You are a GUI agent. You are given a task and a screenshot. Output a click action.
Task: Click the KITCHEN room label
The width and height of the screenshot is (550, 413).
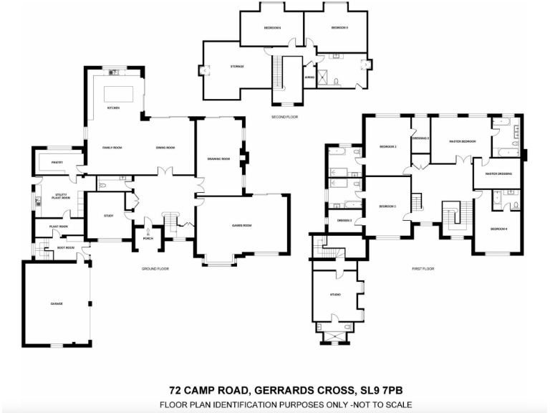[x=112, y=108]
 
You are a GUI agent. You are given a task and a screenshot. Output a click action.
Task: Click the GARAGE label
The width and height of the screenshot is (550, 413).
[x=56, y=304]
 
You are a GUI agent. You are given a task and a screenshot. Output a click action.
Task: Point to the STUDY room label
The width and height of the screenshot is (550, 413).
[x=108, y=215]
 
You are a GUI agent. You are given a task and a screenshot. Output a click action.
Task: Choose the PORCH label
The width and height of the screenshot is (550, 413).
[x=148, y=238]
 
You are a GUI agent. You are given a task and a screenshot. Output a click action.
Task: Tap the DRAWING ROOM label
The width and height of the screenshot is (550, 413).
[x=218, y=158]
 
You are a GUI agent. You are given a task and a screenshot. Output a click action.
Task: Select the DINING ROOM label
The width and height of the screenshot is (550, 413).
[x=165, y=148]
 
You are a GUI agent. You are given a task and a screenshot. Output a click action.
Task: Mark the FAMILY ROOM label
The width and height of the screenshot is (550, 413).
[x=112, y=148]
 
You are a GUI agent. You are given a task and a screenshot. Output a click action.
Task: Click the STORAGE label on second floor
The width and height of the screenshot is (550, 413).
[x=237, y=66]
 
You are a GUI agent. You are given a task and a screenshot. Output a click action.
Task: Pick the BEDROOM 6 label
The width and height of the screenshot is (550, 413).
[x=272, y=27]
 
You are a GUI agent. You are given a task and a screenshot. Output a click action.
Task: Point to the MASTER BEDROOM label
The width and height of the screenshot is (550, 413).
[x=463, y=141]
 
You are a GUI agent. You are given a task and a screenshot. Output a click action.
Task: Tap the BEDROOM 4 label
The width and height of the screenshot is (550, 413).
[x=498, y=229]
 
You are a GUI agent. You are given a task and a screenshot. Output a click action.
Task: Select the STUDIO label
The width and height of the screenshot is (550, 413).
[x=335, y=295]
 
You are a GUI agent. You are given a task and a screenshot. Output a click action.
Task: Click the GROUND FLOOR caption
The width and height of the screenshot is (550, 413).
[x=154, y=268]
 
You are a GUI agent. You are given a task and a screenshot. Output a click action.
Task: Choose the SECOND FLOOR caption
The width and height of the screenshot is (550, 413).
[x=284, y=116]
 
